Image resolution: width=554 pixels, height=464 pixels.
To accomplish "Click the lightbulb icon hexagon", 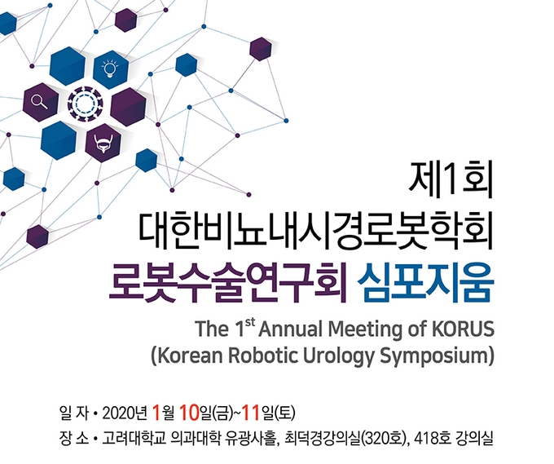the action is [x=110, y=69].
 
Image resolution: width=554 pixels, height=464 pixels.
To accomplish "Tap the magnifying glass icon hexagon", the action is [x=41, y=102].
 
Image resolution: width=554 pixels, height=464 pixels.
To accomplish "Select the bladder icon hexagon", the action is [x=103, y=143].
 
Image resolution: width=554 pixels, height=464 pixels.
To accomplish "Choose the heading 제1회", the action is [x=450, y=184].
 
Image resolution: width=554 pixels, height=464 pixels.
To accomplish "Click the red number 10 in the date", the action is [x=189, y=413].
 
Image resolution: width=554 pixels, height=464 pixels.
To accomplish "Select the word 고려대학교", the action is [x=134, y=439].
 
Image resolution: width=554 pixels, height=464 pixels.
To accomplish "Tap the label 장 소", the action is [x=74, y=439].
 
